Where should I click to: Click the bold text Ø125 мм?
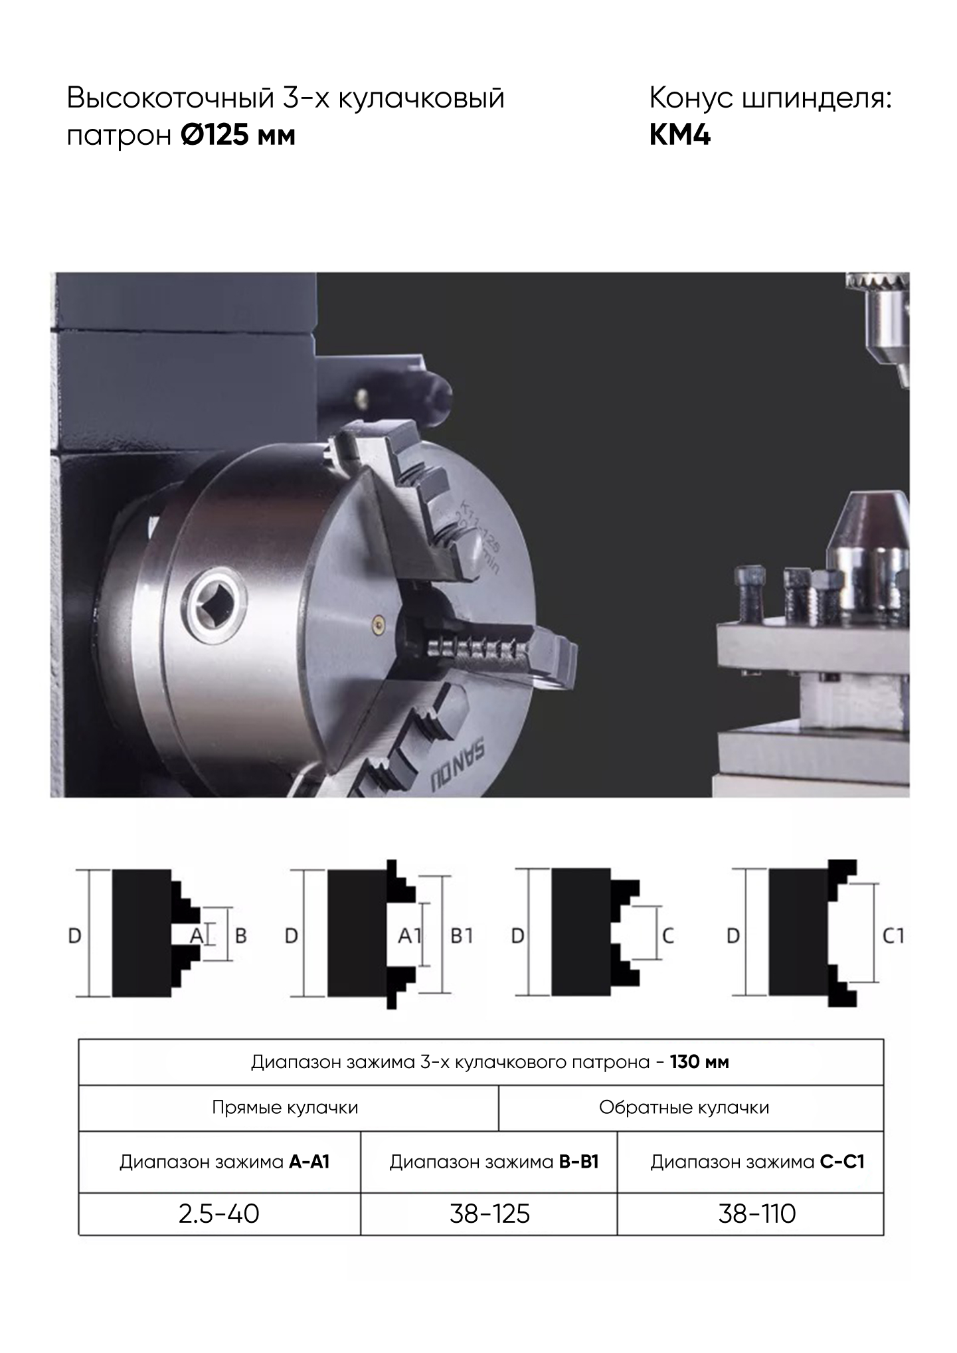tap(238, 135)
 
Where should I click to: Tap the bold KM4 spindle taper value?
tap(679, 135)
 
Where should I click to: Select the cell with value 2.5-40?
tap(218, 1214)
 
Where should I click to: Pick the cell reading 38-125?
tap(489, 1214)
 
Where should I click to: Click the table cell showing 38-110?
tap(756, 1214)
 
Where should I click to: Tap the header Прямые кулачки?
tap(285, 1107)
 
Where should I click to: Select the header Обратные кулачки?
tap(684, 1107)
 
